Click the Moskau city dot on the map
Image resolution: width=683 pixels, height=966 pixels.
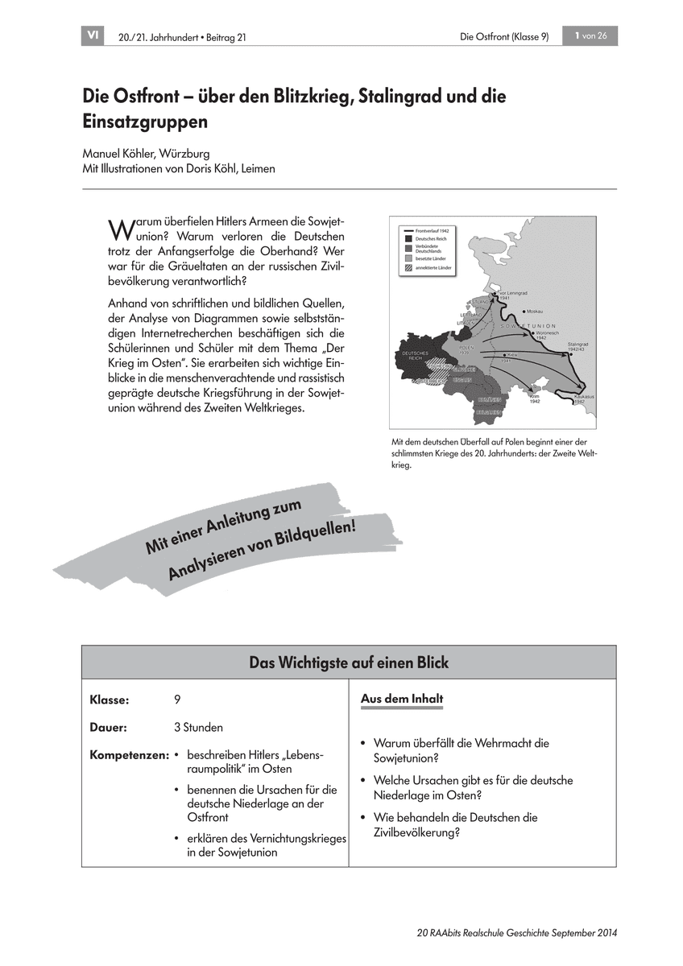(x=525, y=311)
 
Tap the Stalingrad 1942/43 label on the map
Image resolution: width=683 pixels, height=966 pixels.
(x=579, y=347)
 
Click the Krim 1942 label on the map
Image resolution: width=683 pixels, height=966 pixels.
(x=535, y=398)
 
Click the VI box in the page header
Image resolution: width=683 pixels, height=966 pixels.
(x=93, y=35)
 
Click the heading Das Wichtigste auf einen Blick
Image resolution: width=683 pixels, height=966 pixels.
(x=349, y=663)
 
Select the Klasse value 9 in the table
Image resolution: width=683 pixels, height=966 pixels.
(x=177, y=700)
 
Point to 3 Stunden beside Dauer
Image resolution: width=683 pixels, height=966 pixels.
(x=198, y=728)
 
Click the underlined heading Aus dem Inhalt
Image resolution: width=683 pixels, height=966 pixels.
(x=401, y=700)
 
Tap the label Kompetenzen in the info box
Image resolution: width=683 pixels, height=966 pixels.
(x=129, y=756)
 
